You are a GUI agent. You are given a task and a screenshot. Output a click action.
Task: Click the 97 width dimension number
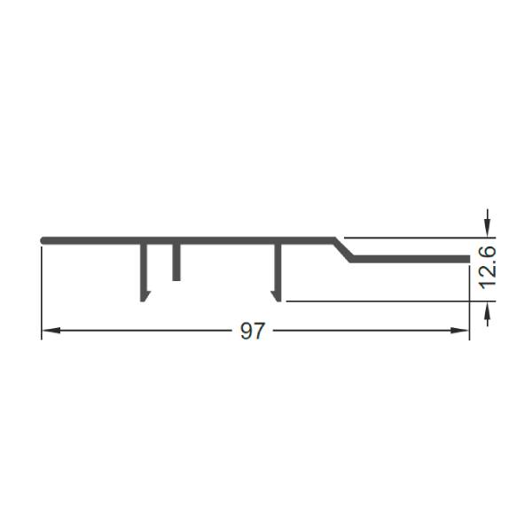[252, 331]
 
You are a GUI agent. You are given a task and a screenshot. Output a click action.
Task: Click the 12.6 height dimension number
[488, 268]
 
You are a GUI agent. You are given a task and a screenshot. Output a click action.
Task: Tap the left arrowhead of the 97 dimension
[51, 330]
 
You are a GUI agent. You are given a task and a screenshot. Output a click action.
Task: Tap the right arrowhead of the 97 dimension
[459, 330]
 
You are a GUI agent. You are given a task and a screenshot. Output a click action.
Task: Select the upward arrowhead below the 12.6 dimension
[488, 311]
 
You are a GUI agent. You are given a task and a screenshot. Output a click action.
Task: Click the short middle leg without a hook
[176, 262]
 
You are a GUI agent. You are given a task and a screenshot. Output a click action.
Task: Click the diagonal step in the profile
[343, 250]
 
